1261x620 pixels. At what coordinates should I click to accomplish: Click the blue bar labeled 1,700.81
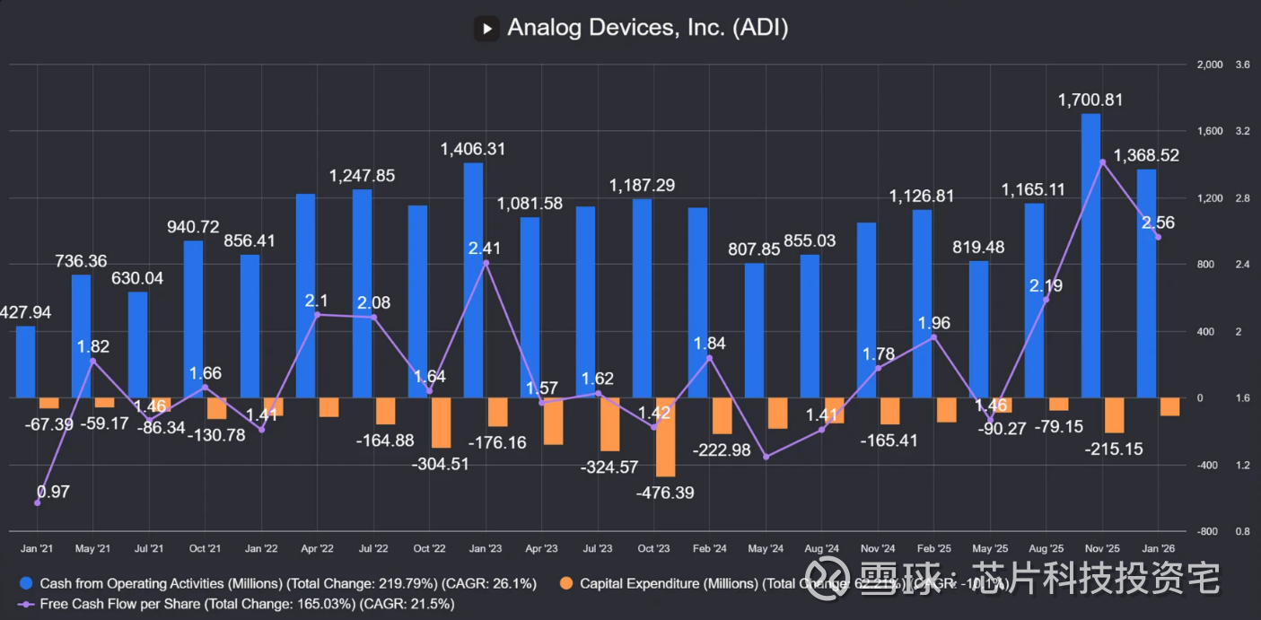click(x=1090, y=256)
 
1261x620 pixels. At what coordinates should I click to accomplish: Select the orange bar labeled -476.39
click(x=665, y=437)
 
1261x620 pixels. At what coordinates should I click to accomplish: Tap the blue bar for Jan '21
click(x=26, y=362)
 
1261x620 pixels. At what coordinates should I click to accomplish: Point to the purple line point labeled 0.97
click(x=37, y=503)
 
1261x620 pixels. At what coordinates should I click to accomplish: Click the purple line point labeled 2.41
click(x=486, y=263)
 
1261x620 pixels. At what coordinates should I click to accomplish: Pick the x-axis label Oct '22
click(x=429, y=548)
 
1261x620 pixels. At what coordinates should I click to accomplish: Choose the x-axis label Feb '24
click(x=710, y=548)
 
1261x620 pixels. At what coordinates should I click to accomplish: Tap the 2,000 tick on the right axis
click(x=1210, y=65)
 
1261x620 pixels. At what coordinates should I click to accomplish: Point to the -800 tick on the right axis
click(x=1210, y=531)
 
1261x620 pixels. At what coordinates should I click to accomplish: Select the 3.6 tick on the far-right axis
click(x=1243, y=65)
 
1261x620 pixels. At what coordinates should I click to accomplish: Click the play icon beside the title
click(x=486, y=28)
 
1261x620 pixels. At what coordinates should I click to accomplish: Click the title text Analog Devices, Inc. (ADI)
click(x=647, y=28)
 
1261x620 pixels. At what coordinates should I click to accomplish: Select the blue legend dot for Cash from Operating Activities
click(x=28, y=584)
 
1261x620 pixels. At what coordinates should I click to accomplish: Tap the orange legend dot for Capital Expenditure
click(x=567, y=584)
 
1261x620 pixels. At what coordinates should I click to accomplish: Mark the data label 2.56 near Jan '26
click(x=1157, y=223)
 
